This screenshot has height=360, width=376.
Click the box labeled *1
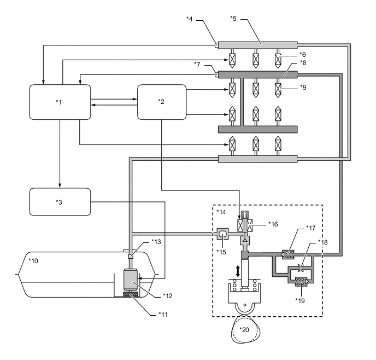pyautogui.click(x=59, y=102)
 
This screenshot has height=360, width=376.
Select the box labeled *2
pyautogui.click(x=161, y=102)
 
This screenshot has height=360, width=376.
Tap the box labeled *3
pyautogui.click(x=59, y=201)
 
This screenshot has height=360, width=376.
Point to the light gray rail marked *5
pyautogui.click(x=257, y=44)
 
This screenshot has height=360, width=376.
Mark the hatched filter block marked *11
pyautogui.click(x=131, y=294)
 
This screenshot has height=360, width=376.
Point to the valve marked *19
pyautogui.click(x=299, y=282)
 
